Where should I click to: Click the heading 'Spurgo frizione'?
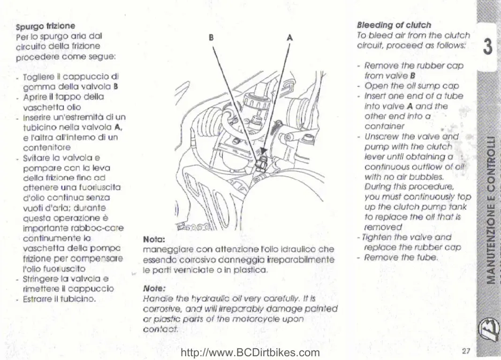[x=46, y=26]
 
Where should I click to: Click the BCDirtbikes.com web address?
[x=250, y=352]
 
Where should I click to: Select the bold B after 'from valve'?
[x=413, y=76]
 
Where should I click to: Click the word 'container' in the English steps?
[x=384, y=126]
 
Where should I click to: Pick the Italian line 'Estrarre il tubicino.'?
[x=60, y=299]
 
